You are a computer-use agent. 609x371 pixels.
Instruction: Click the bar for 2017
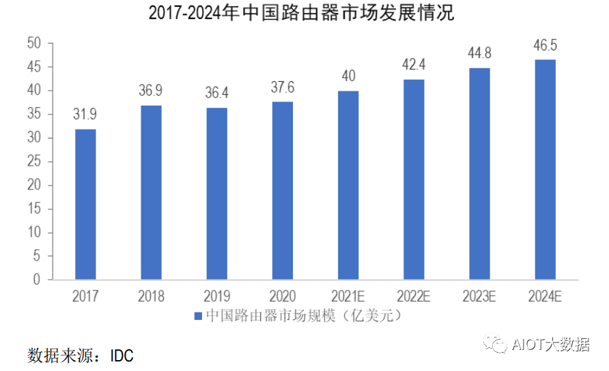[x=85, y=205]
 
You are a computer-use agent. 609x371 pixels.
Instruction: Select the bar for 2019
[x=217, y=194]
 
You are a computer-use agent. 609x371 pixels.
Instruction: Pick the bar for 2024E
[x=545, y=170]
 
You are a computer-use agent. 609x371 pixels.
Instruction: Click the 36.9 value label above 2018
[x=151, y=91]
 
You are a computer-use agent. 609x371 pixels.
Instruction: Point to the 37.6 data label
[x=283, y=87]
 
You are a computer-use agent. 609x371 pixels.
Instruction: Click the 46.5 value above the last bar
[x=545, y=46]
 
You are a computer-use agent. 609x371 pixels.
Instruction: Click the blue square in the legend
[x=197, y=317]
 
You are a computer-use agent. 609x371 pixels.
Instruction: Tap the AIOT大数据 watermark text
[x=550, y=345]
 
